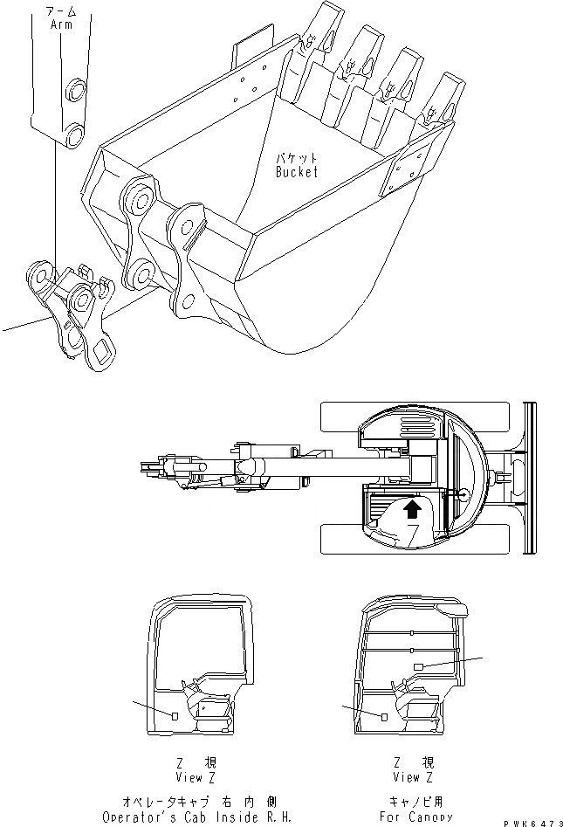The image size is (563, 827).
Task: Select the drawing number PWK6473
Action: [x=535, y=822]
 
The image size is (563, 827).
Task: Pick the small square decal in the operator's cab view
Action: [x=175, y=716]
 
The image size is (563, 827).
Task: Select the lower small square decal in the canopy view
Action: [x=383, y=716]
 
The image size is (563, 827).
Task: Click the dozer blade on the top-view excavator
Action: [x=528, y=477]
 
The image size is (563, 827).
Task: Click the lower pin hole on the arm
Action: [x=74, y=134]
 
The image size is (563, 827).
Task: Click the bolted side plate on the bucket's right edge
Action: [x=403, y=175]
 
